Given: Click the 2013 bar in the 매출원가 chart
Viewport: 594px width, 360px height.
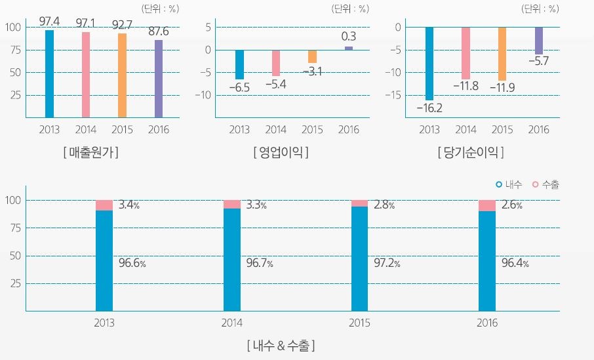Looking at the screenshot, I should [x=49, y=73].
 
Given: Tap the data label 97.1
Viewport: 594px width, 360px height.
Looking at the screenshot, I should [x=86, y=23].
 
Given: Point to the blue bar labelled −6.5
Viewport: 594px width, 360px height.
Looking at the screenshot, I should [x=239, y=64].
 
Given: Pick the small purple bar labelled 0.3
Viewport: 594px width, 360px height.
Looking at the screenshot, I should [x=349, y=48].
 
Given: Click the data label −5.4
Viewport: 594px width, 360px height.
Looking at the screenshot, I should [x=276, y=84].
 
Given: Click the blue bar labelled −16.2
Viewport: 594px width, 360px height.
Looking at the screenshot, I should [x=429, y=63].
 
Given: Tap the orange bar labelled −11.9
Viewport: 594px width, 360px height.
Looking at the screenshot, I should [x=502, y=54].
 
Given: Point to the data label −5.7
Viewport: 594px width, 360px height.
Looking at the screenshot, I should [x=538, y=61].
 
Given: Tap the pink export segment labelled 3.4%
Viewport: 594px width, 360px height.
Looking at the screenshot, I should [x=104, y=205].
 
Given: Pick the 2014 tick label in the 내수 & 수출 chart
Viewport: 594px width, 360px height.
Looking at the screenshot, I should [x=232, y=323].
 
